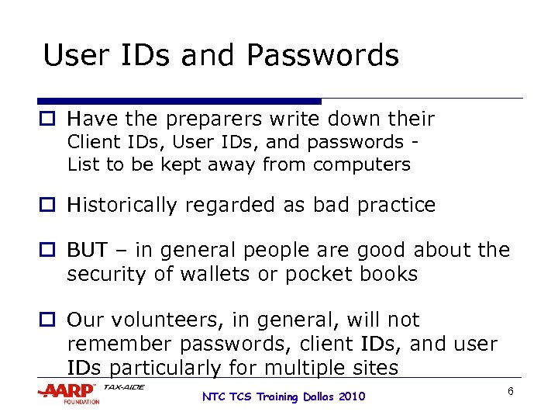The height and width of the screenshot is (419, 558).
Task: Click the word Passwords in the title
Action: (323, 56)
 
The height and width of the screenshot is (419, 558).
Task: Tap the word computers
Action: (362, 164)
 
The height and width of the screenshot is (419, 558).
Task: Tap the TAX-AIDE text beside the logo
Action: (124, 387)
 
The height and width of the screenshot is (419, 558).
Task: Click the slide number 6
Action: (511, 391)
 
